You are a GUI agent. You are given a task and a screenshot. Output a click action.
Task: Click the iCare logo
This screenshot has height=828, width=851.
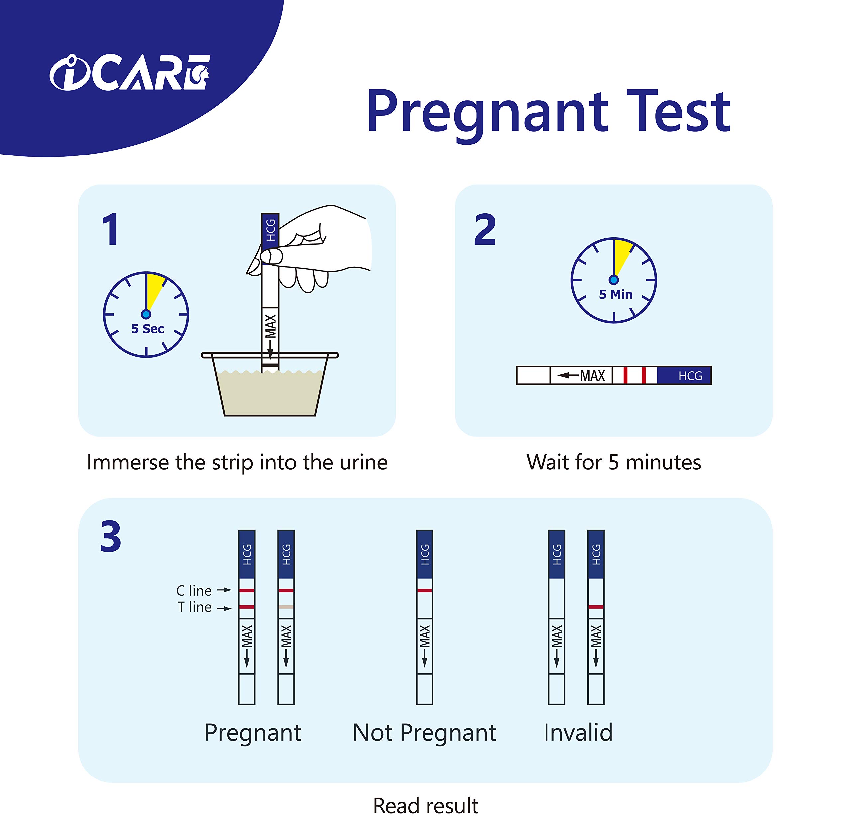coord(130,73)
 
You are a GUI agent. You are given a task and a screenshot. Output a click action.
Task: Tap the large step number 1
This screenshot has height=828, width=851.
coord(110,229)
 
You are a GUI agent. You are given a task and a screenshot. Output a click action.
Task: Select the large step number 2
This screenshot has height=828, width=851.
coord(485,229)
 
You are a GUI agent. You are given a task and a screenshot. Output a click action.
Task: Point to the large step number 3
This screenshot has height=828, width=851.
coord(110,537)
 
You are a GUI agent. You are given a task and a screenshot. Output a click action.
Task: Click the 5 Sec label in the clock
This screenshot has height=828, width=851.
coord(148,329)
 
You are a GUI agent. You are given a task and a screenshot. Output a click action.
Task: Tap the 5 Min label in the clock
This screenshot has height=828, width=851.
coord(615,294)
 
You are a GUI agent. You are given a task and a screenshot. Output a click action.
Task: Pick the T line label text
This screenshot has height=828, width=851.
coord(194,607)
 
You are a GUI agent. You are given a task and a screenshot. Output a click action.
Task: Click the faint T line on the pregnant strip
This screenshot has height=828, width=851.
coord(286,607)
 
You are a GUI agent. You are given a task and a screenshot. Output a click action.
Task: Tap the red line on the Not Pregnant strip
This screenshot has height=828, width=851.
coord(424,590)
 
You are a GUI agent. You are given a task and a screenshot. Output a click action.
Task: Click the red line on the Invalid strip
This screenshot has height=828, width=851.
coord(596,607)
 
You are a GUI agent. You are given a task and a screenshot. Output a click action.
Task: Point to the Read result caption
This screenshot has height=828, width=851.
coord(425,806)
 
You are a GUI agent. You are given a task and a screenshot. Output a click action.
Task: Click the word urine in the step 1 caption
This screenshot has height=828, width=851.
coord(363,462)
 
